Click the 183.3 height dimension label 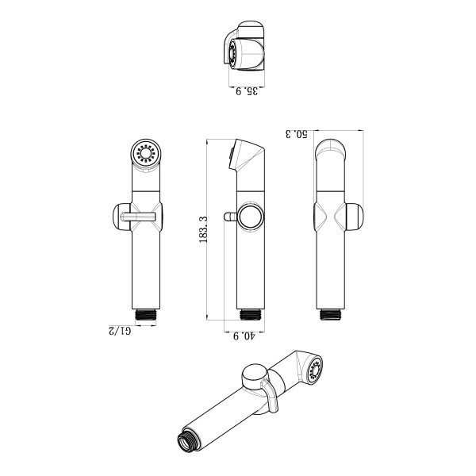203,229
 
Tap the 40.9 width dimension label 244,336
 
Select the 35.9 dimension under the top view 247,91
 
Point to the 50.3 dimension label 297,134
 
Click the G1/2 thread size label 120,331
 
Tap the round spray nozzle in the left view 146,154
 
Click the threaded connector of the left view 146,315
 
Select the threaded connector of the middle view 251,315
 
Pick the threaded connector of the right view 331,315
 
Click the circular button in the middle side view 251,217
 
